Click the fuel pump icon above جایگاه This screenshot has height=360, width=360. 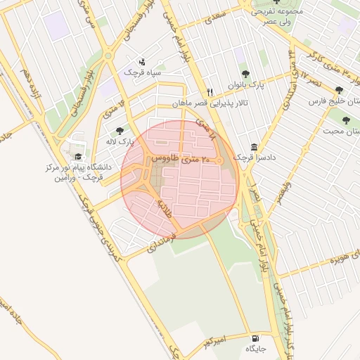pos(254,338)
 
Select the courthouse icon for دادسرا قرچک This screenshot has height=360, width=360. pos(253,147)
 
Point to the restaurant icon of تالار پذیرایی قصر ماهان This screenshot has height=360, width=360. pos(210,92)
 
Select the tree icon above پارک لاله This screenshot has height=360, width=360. pos(119,131)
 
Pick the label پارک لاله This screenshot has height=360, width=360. pos(120,142)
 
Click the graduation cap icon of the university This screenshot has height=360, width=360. pos(78,155)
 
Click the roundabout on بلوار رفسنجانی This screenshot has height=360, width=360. pos(108,56)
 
